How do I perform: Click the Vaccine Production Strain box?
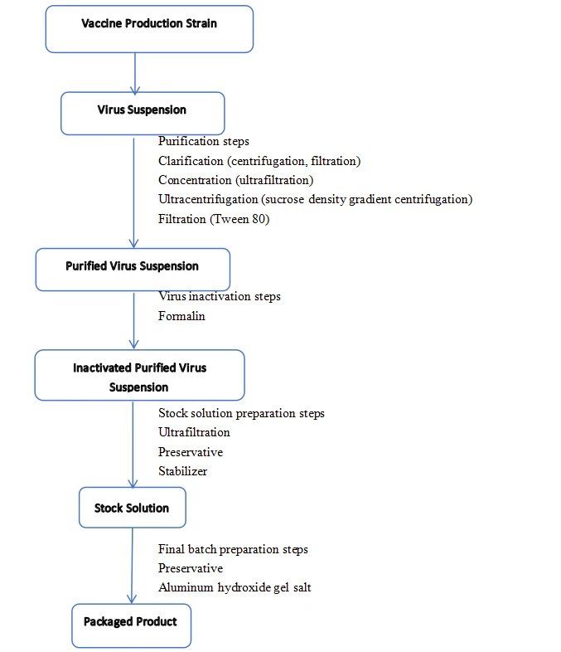(x=149, y=29)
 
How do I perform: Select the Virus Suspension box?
(x=143, y=114)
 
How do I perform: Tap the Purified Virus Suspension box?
(x=133, y=270)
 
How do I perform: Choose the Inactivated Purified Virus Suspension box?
(x=139, y=375)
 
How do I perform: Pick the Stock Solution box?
(x=133, y=508)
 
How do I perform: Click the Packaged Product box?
(x=132, y=625)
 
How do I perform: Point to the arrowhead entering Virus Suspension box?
(x=135, y=90)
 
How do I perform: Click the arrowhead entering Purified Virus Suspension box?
(x=133, y=244)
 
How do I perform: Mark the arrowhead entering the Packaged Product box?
(x=132, y=599)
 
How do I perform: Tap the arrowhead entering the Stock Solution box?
(x=133, y=483)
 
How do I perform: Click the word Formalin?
(x=181, y=316)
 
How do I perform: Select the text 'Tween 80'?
(x=239, y=219)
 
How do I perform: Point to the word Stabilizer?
(x=182, y=471)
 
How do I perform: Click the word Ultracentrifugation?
(x=208, y=200)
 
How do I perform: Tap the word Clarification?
(x=191, y=161)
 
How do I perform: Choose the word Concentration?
(x=195, y=180)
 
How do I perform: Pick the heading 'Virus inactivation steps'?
(x=220, y=296)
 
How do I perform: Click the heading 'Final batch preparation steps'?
(x=233, y=549)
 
